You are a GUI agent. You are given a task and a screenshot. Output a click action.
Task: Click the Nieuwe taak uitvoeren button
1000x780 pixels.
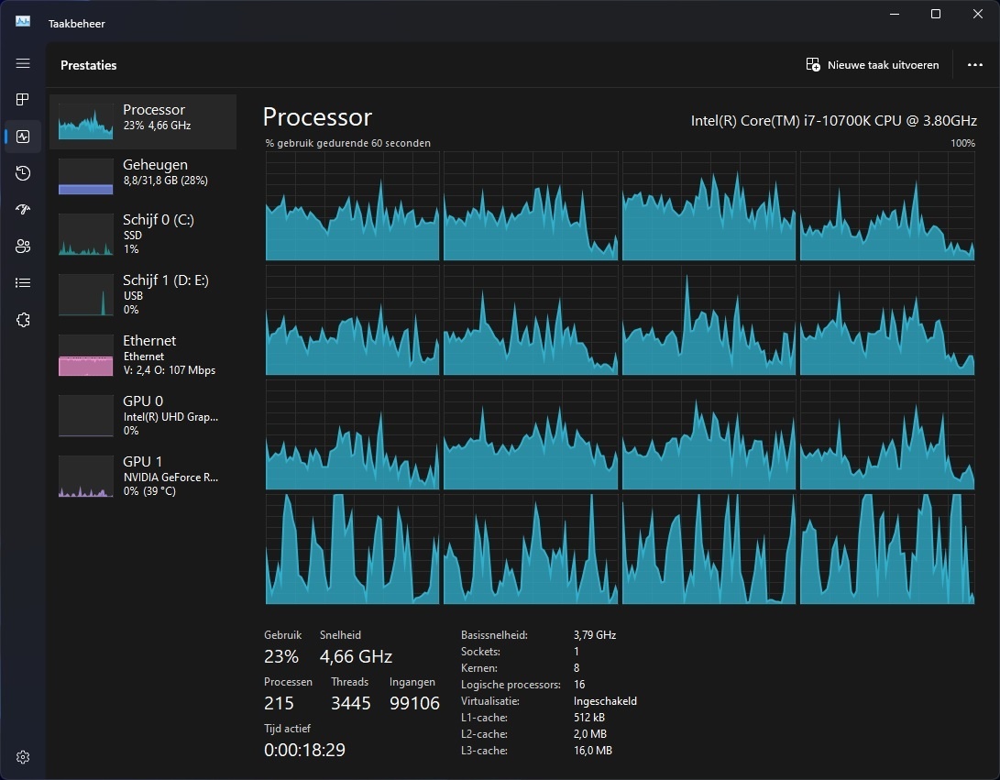coord(873,65)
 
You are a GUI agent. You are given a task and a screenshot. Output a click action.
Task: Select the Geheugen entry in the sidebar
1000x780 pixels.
coord(143,172)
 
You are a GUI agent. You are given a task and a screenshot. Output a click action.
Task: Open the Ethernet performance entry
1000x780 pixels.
coord(143,355)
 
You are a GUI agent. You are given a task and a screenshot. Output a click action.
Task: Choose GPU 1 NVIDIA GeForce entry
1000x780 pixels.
coord(143,476)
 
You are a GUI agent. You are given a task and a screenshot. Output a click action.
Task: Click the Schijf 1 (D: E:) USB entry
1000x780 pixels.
coord(143,294)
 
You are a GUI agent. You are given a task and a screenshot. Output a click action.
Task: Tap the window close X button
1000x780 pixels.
coord(977,14)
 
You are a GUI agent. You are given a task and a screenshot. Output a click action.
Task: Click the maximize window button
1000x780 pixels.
coord(935,14)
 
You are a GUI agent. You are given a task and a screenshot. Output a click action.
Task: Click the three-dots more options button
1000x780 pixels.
coord(974,65)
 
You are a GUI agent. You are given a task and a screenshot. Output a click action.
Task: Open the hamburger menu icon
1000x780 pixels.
coord(23,64)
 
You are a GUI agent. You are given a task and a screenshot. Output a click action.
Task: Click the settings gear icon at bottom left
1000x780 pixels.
coord(23,757)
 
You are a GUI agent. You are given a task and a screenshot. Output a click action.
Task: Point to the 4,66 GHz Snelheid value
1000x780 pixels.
coord(356,656)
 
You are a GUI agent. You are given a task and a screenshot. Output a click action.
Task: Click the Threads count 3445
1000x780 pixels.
coord(350,703)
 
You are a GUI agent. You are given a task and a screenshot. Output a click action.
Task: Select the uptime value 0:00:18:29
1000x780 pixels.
coord(304,750)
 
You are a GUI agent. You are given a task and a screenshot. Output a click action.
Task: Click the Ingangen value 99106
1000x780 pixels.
coord(414,703)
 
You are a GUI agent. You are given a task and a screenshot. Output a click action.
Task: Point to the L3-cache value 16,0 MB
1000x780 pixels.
coord(592,751)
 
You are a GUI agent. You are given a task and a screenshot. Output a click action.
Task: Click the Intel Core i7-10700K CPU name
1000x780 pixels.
coord(833,120)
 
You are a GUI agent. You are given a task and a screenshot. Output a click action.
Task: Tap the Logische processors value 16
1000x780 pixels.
coord(579,685)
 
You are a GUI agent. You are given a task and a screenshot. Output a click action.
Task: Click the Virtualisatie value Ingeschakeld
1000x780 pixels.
coord(605,701)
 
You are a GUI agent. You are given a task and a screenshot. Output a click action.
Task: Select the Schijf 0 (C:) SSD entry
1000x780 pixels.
coord(143,234)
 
